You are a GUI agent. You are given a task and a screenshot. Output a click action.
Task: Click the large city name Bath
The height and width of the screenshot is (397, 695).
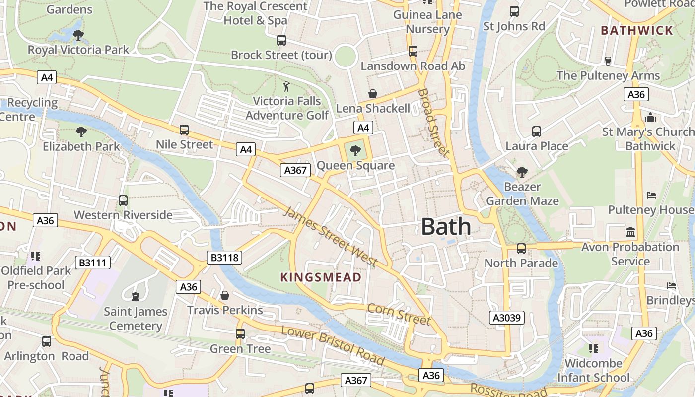click(446, 227)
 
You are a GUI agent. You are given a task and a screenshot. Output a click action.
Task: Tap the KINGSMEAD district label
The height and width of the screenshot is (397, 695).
click(321, 277)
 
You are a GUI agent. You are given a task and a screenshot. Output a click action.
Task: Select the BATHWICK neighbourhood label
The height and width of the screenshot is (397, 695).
click(637, 30)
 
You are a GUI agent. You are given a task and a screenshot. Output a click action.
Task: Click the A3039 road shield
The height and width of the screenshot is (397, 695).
click(507, 317)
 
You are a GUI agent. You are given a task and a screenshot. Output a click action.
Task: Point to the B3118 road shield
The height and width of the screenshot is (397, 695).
click(224, 257)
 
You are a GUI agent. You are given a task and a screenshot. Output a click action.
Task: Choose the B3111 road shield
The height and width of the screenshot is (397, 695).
click(93, 263)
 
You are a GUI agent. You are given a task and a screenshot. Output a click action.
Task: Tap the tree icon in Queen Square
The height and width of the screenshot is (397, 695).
click(355, 150)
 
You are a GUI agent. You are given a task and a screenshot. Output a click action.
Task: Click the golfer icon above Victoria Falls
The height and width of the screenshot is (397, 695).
click(286, 87)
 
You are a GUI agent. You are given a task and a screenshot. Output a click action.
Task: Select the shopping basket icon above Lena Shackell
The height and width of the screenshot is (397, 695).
click(372, 94)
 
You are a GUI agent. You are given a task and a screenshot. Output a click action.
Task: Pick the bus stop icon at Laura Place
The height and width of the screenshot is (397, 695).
click(536, 132)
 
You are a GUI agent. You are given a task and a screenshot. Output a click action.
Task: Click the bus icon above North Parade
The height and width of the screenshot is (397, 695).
click(521, 249)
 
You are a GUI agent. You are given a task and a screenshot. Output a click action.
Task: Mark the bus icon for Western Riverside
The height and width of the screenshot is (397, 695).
click(123, 200)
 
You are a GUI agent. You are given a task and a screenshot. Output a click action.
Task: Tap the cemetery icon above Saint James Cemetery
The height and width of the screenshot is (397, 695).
click(136, 297)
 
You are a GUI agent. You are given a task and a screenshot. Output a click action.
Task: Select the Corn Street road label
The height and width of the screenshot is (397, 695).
click(399, 315)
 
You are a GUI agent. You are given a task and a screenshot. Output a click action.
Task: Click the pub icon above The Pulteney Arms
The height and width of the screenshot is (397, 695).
click(608, 61)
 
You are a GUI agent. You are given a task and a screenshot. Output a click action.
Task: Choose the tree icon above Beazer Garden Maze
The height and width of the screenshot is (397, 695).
click(522, 172)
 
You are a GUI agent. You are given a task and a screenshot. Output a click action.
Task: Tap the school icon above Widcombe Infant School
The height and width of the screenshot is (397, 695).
click(593, 349)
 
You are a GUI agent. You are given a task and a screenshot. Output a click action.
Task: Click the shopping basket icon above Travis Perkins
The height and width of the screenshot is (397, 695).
click(225, 296)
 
